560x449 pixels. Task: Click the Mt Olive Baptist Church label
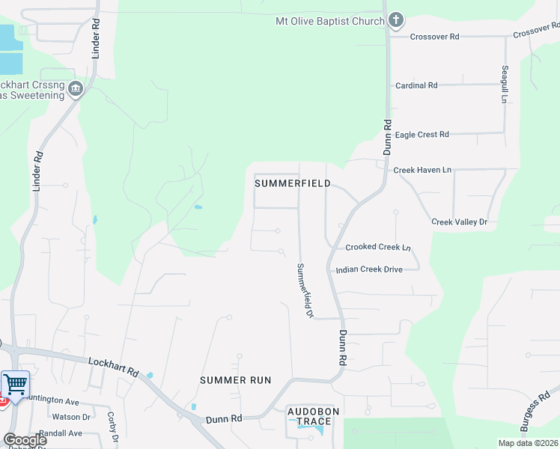click(329, 21)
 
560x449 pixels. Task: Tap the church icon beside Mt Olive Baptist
click(396, 20)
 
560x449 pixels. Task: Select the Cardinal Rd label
click(416, 86)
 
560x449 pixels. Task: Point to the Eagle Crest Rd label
click(421, 135)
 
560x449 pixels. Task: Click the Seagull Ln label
click(505, 85)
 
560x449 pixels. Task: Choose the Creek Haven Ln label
click(422, 171)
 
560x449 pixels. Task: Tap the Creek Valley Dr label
click(459, 222)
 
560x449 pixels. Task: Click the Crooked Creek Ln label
click(378, 247)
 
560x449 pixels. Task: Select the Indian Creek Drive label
click(369, 269)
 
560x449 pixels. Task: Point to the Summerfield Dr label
click(305, 290)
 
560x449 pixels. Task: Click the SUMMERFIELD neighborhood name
click(293, 183)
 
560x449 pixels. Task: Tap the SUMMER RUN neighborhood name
click(235, 380)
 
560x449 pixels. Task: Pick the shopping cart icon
click(16, 385)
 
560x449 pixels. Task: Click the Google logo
click(25, 439)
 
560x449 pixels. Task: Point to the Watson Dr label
click(76, 417)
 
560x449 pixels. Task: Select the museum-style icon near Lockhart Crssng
click(75, 90)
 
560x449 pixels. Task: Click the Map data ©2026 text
click(529, 442)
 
